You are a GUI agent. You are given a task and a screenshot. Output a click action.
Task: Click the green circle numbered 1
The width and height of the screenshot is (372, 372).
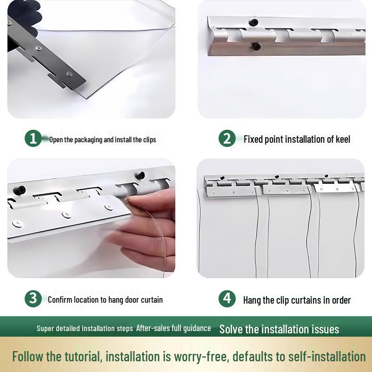[33, 138]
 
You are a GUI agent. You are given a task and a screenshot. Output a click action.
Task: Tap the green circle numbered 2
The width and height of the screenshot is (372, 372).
[227, 138]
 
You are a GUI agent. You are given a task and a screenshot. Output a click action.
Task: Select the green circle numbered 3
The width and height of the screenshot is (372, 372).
[33, 299]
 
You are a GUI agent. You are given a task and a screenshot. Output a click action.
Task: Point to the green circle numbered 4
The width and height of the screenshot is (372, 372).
[227, 299]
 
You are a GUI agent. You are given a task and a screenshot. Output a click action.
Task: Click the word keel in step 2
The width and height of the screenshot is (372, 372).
[343, 139]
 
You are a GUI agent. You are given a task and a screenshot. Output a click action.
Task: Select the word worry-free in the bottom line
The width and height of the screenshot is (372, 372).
[200, 357]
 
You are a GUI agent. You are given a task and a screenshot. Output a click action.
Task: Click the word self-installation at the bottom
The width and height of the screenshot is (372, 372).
[327, 356]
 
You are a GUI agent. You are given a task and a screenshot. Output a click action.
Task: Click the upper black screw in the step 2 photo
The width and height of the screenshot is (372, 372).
[253, 22]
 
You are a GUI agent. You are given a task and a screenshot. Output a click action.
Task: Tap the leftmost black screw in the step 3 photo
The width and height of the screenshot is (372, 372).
[20, 190]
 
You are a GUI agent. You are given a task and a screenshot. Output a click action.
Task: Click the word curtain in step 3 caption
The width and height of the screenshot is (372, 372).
[152, 299]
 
